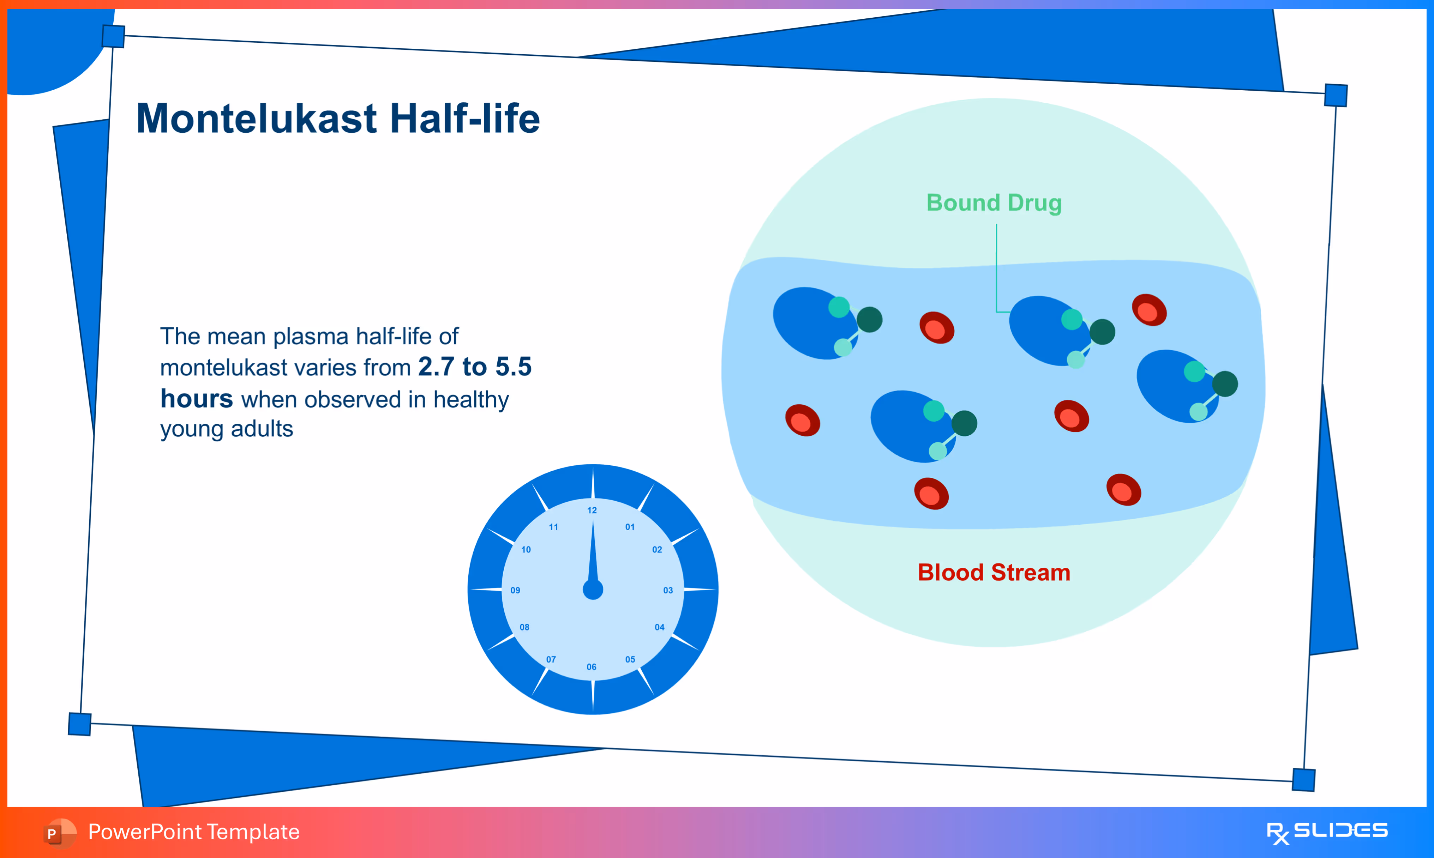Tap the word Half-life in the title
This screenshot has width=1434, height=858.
pyautogui.click(x=466, y=119)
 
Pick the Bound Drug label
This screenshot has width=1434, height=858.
pyautogui.click(x=994, y=203)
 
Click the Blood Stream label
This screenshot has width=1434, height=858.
pyautogui.click(x=994, y=572)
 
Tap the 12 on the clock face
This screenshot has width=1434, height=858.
pyautogui.click(x=592, y=510)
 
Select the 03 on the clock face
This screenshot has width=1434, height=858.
pyautogui.click(x=668, y=590)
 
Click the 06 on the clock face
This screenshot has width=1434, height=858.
pyautogui.click(x=592, y=667)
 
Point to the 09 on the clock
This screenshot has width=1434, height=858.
pyautogui.click(x=515, y=590)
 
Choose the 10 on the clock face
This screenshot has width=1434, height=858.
pyautogui.click(x=526, y=549)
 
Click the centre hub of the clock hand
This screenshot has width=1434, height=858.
pyautogui.click(x=593, y=590)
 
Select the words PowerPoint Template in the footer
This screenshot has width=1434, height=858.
pyautogui.click(x=194, y=832)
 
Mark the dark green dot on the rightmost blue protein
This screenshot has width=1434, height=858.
pyautogui.click(x=1225, y=384)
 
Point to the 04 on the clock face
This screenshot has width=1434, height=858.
pyautogui.click(x=660, y=627)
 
